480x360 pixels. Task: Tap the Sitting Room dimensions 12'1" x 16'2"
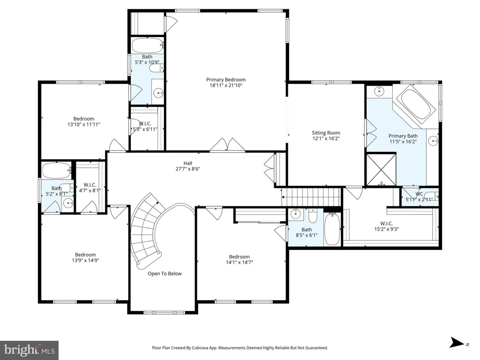326,138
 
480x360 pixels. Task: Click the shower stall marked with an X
381,170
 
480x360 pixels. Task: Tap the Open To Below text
165,274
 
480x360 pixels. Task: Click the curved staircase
147,230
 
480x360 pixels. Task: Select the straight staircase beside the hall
311,197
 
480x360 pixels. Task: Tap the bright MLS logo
30,350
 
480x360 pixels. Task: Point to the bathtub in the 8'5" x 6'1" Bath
331,229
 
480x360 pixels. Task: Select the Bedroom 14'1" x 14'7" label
239,259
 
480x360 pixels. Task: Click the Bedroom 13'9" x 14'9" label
85,257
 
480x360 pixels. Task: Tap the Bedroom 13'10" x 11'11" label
83,121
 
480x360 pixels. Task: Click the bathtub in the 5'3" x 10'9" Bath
148,45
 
